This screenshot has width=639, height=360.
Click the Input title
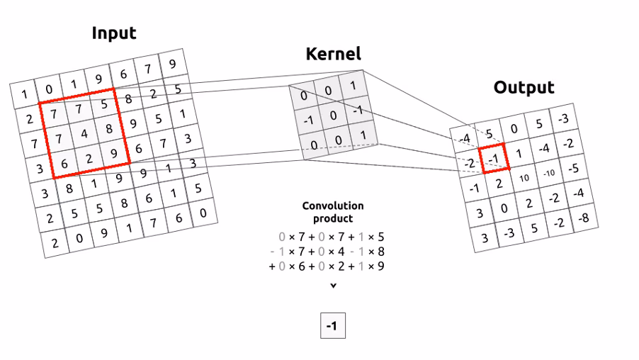[x=114, y=33]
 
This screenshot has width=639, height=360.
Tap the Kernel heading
[x=333, y=53]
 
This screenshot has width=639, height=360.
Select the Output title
[x=524, y=87]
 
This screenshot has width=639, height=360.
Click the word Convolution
[x=333, y=206]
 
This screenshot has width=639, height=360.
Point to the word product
[x=333, y=219]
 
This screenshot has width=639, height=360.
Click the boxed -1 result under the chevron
[x=332, y=327]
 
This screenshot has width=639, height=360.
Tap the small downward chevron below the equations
[x=333, y=286]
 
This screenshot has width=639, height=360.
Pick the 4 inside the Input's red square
[x=84, y=133]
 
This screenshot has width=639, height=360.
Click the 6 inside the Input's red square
[x=64, y=163]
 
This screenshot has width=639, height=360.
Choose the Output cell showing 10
[x=525, y=176]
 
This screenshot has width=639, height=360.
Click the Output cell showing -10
[x=549, y=173]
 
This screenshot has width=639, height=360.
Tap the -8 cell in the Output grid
[x=583, y=218]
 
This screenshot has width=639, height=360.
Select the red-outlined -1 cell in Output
[x=494, y=158]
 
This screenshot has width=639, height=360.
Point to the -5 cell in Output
[x=575, y=169]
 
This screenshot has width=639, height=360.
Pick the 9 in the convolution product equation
[x=381, y=266]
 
